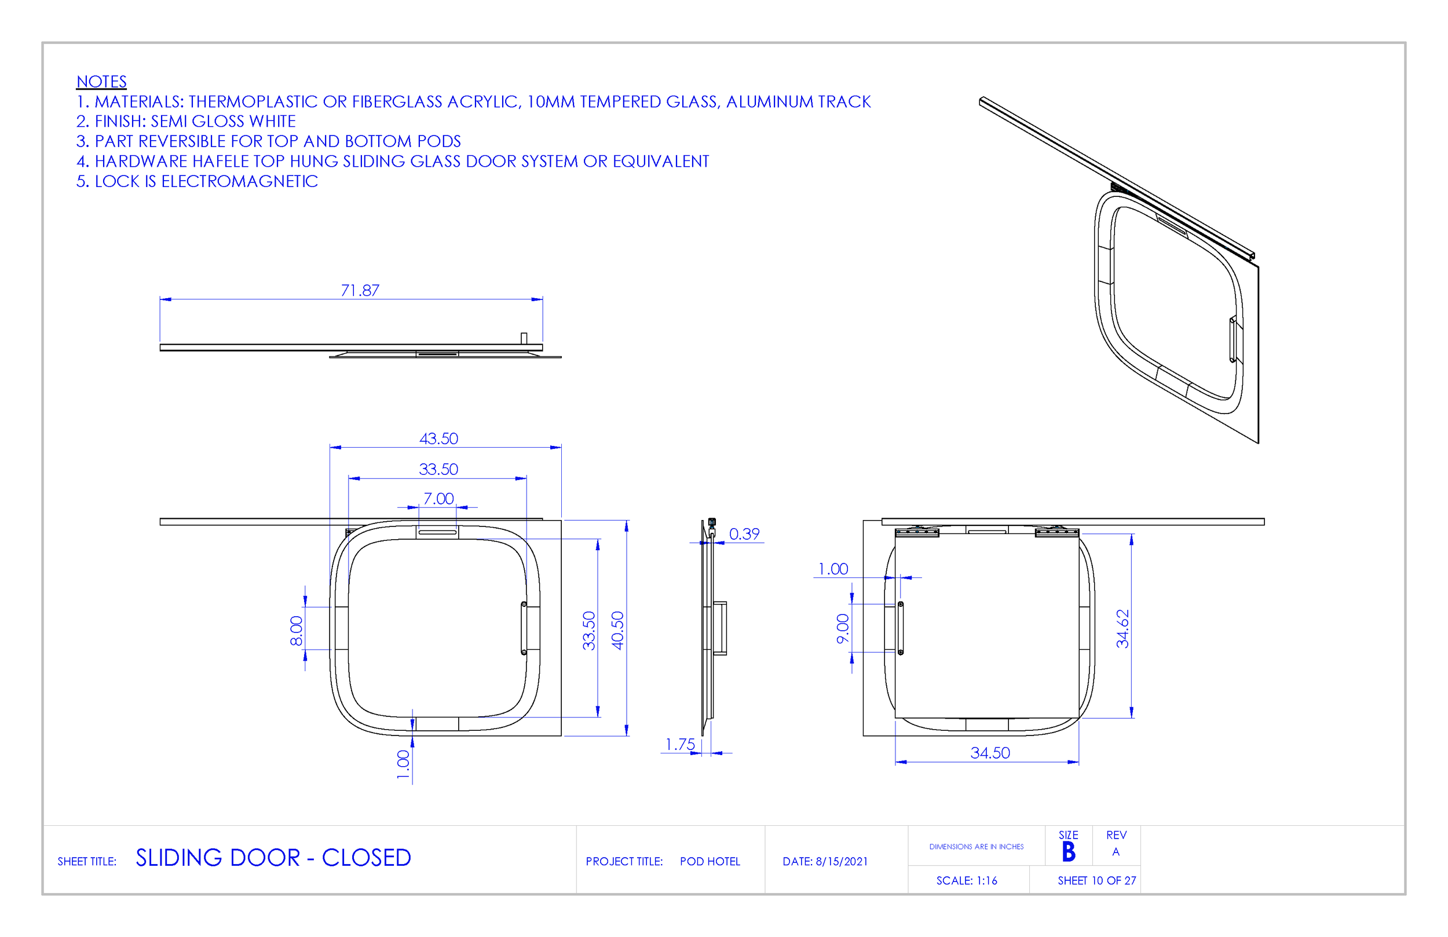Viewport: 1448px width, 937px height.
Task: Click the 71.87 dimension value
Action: coord(360,290)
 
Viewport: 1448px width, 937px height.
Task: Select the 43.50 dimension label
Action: coord(438,439)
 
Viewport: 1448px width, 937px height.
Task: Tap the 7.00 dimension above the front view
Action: coord(438,499)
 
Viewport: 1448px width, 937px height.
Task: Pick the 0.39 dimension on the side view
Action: coord(744,534)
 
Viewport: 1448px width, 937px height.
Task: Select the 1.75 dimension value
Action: coord(679,745)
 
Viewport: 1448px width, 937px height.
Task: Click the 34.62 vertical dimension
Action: coord(1122,628)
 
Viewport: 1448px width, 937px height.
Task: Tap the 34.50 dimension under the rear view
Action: coord(990,753)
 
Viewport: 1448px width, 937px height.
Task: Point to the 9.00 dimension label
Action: coord(843,628)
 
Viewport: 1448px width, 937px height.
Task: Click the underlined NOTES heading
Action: coord(101,82)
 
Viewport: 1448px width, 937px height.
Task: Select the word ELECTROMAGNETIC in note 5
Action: coord(239,181)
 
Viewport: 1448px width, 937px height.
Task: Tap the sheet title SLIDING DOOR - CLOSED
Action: coord(273,858)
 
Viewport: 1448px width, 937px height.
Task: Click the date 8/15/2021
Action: coord(842,862)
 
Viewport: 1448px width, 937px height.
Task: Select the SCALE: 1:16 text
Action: coord(966,880)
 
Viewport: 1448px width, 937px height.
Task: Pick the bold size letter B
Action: coord(1069,852)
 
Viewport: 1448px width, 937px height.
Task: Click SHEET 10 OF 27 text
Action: coord(1096,880)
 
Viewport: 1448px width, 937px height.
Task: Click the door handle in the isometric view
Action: coord(1233,339)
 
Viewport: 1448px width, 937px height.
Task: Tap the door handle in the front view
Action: coord(524,628)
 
